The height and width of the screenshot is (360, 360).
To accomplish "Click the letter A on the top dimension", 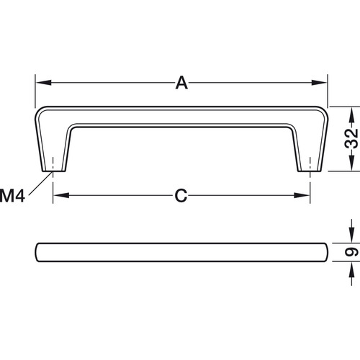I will pyautogui.click(x=181, y=84).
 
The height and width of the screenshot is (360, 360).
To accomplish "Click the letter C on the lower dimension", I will pyautogui.click(x=181, y=195).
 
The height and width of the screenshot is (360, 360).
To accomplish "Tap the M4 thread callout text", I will pyautogui.click(x=13, y=194).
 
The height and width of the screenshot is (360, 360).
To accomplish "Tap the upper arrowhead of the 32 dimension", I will pyautogui.click(x=351, y=112).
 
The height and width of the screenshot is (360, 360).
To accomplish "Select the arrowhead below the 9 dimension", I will pyautogui.click(x=351, y=267).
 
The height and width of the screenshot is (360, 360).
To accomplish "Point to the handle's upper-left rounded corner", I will pyautogui.click(x=40, y=112).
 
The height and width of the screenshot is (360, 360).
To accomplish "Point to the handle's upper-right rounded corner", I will pyautogui.click(x=323, y=112).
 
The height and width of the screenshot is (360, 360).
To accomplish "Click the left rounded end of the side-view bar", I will pyautogui.click(x=37, y=252).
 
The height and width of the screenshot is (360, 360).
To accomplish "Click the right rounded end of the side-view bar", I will pyautogui.click(x=326, y=252).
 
